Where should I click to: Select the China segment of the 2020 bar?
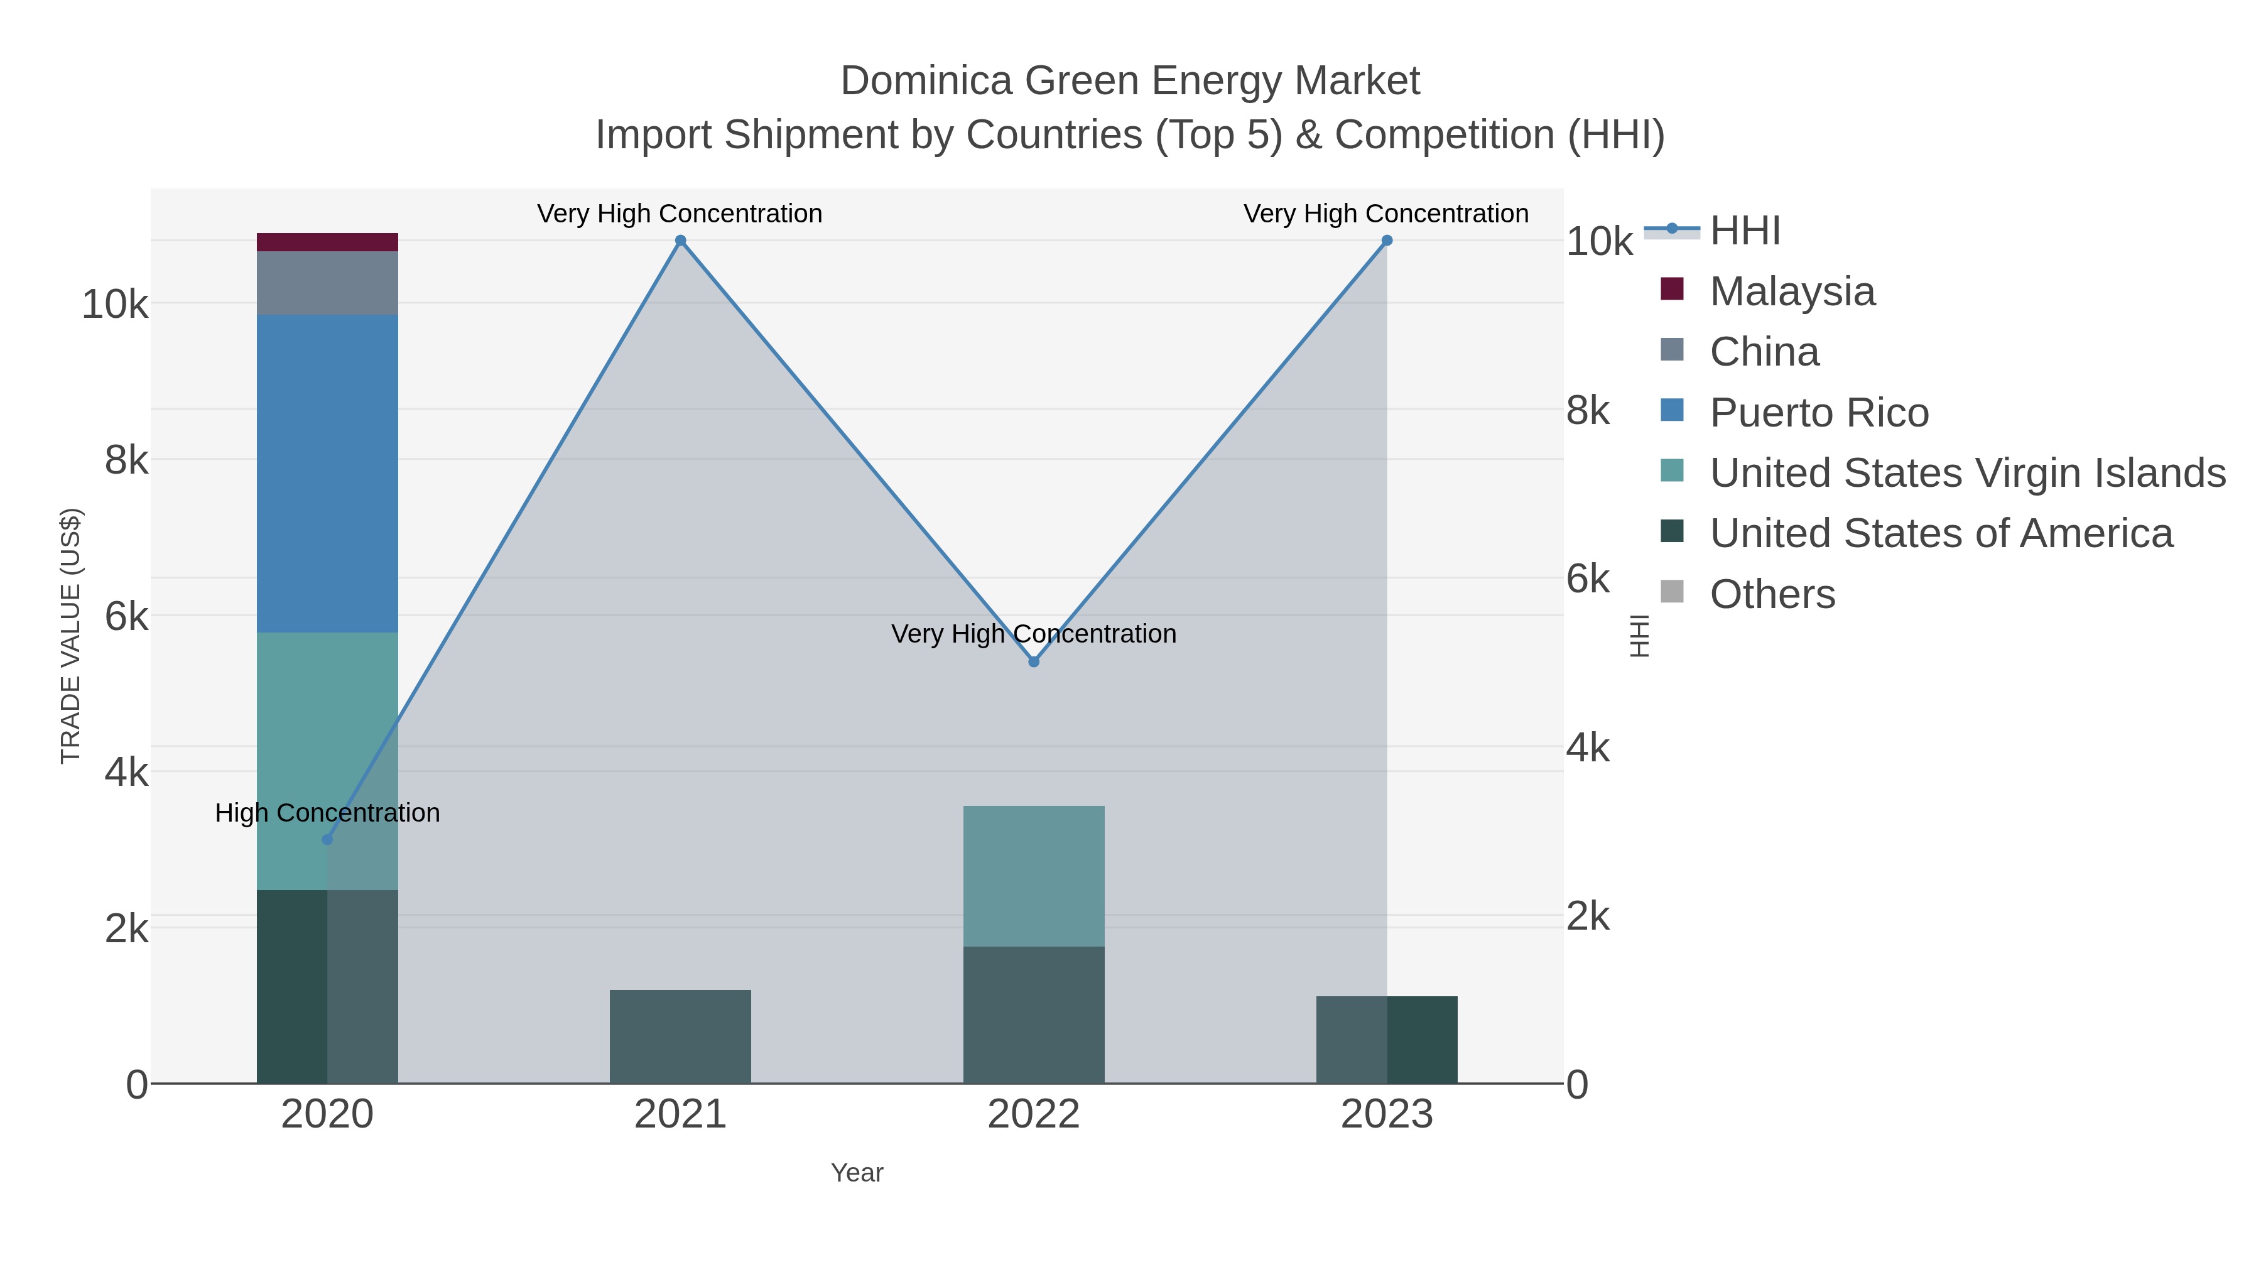click(x=327, y=283)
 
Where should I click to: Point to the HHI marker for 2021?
click(x=680, y=241)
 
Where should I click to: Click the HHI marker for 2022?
click(x=1033, y=662)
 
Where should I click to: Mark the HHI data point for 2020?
click(x=327, y=840)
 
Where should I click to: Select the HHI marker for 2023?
click(x=1387, y=241)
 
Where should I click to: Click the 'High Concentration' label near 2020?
click(x=327, y=813)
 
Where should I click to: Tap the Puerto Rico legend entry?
click(x=1819, y=413)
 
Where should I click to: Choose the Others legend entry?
click(x=1772, y=594)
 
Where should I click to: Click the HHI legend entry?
click(x=1745, y=231)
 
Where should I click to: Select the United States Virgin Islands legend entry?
click(x=1967, y=473)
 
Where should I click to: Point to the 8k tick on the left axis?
click(x=126, y=460)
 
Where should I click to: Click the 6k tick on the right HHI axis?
click(x=1588, y=579)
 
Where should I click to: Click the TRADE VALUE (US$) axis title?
click(x=70, y=636)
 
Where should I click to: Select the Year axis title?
click(x=857, y=1173)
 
